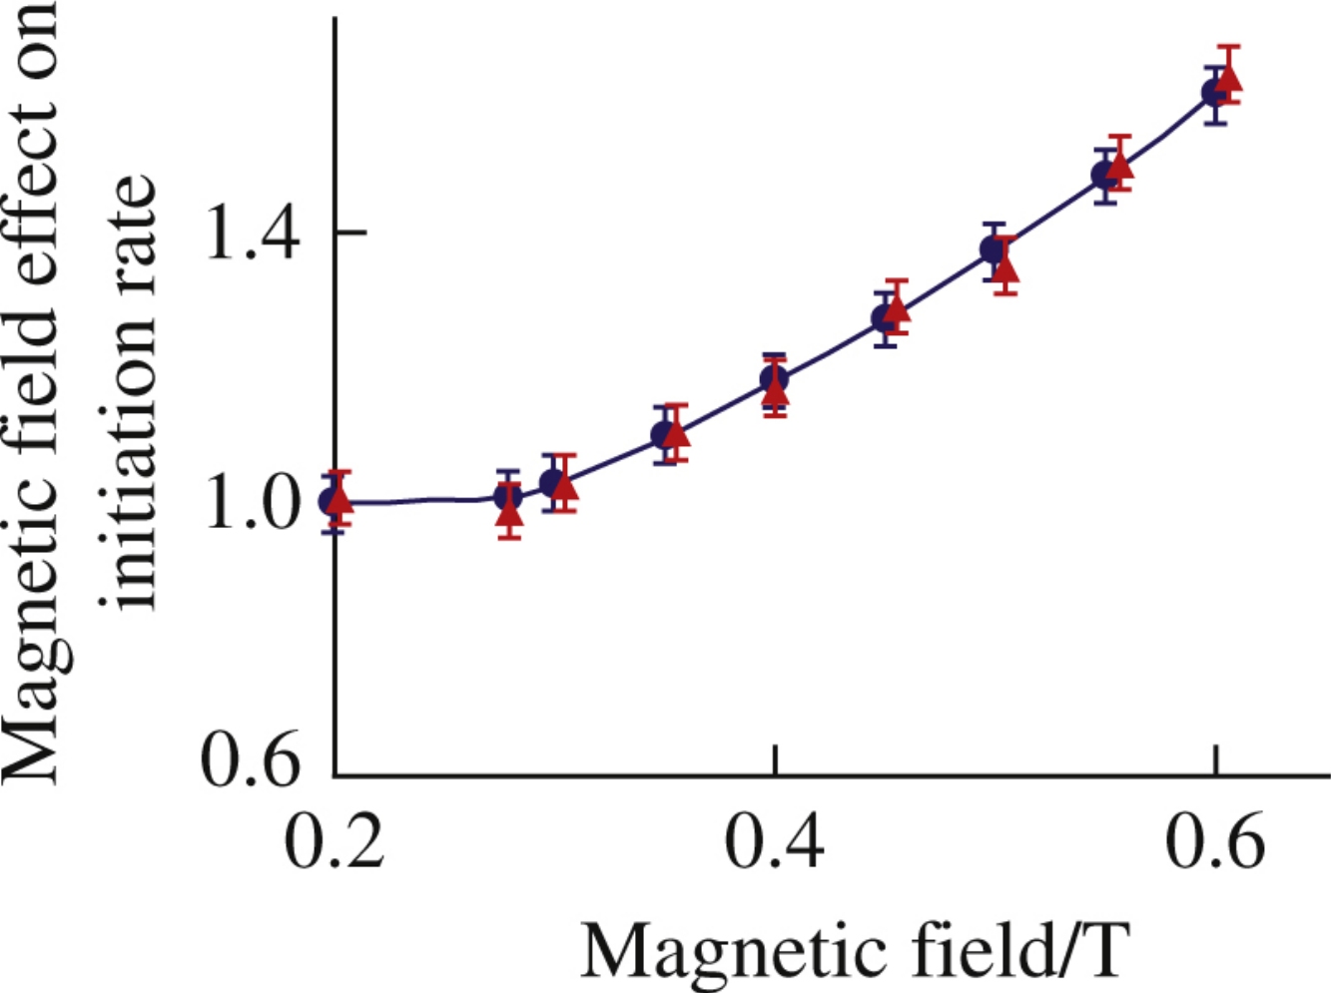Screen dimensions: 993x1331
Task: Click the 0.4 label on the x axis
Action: pyautogui.click(x=774, y=840)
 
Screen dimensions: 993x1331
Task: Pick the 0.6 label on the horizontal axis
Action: pyautogui.click(x=1214, y=840)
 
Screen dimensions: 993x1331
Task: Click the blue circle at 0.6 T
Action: pyautogui.click(x=1213, y=93)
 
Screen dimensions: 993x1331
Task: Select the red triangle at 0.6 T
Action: pyautogui.click(x=1229, y=78)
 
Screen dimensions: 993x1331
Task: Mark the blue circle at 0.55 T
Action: pyautogui.click(x=1103, y=176)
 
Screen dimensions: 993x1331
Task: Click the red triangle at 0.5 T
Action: pyautogui.click(x=1004, y=267)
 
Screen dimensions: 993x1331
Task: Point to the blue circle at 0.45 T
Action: pyautogui.click(x=884, y=318)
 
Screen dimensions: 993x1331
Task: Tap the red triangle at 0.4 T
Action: pyautogui.click(x=775, y=391)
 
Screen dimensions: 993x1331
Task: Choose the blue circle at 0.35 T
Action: pyautogui.click(x=663, y=435)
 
